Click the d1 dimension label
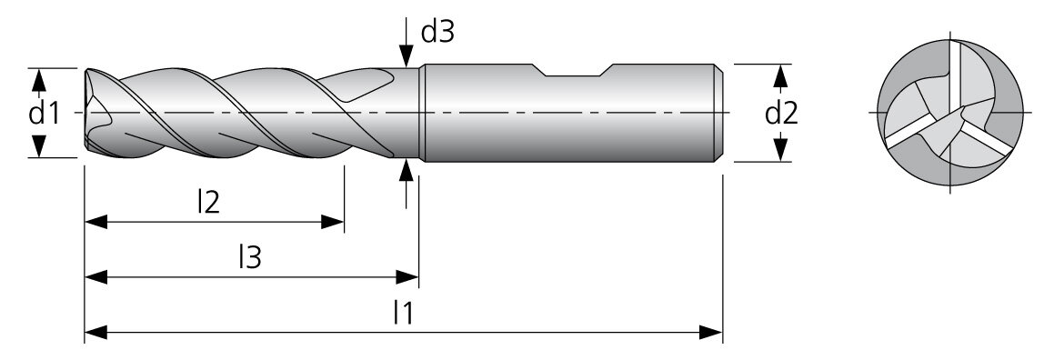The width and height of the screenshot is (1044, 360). [44, 114]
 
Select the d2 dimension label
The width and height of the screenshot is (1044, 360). [781, 114]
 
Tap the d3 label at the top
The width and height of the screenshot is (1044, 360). [438, 31]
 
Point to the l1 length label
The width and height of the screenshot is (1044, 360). [403, 312]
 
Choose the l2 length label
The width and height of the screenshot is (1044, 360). [209, 203]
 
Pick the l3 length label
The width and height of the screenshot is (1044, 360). [250, 257]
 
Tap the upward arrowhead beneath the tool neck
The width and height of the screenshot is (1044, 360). [407, 170]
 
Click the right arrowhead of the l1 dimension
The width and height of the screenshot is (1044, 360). [711, 332]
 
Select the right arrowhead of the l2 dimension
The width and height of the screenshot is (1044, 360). [332, 222]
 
